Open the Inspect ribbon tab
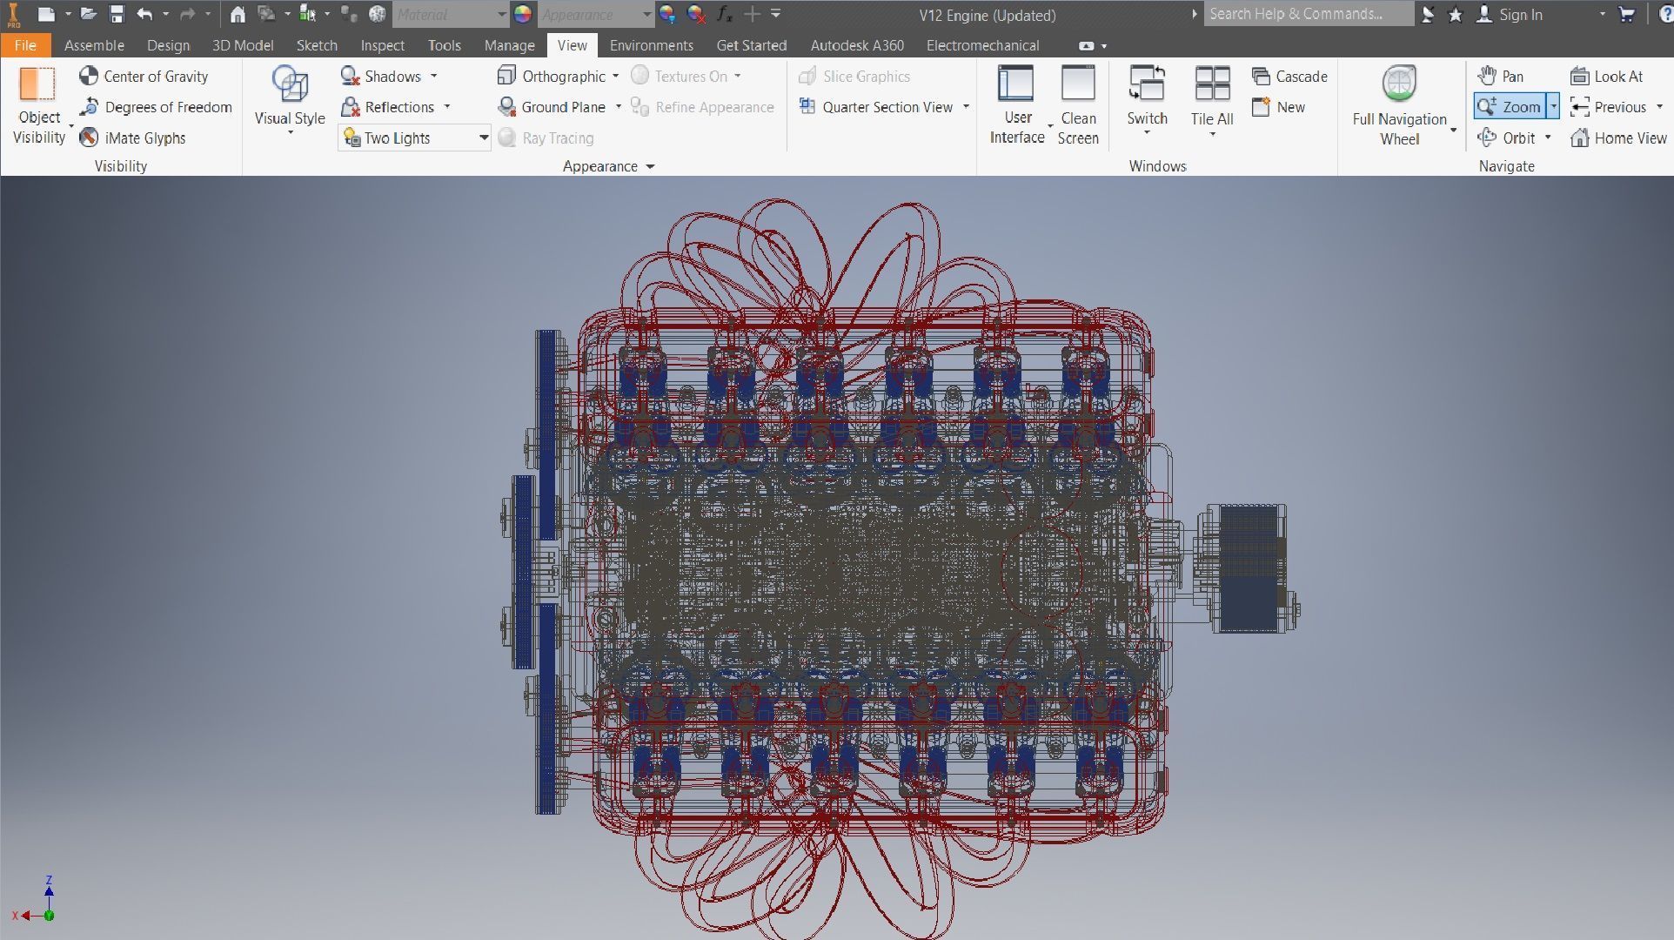pyautogui.click(x=382, y=45)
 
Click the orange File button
pyautogui.click(x=25, y=45)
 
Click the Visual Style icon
pyautogui.click(x=290, y=84)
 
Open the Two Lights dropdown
pyautogui.click(x=483, y=138)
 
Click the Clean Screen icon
pyautogui.click(x=1078, y=84)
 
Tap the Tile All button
pyautogui.click(x=1212, y=84)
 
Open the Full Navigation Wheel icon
pyautogui.click(x=1399, y=84)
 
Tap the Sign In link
pyautogui.click(x=1520, y=15)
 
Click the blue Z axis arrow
pyautogui.click(x=49, y=890)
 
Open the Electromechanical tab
pyautogui.click(x=982, y=45)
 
